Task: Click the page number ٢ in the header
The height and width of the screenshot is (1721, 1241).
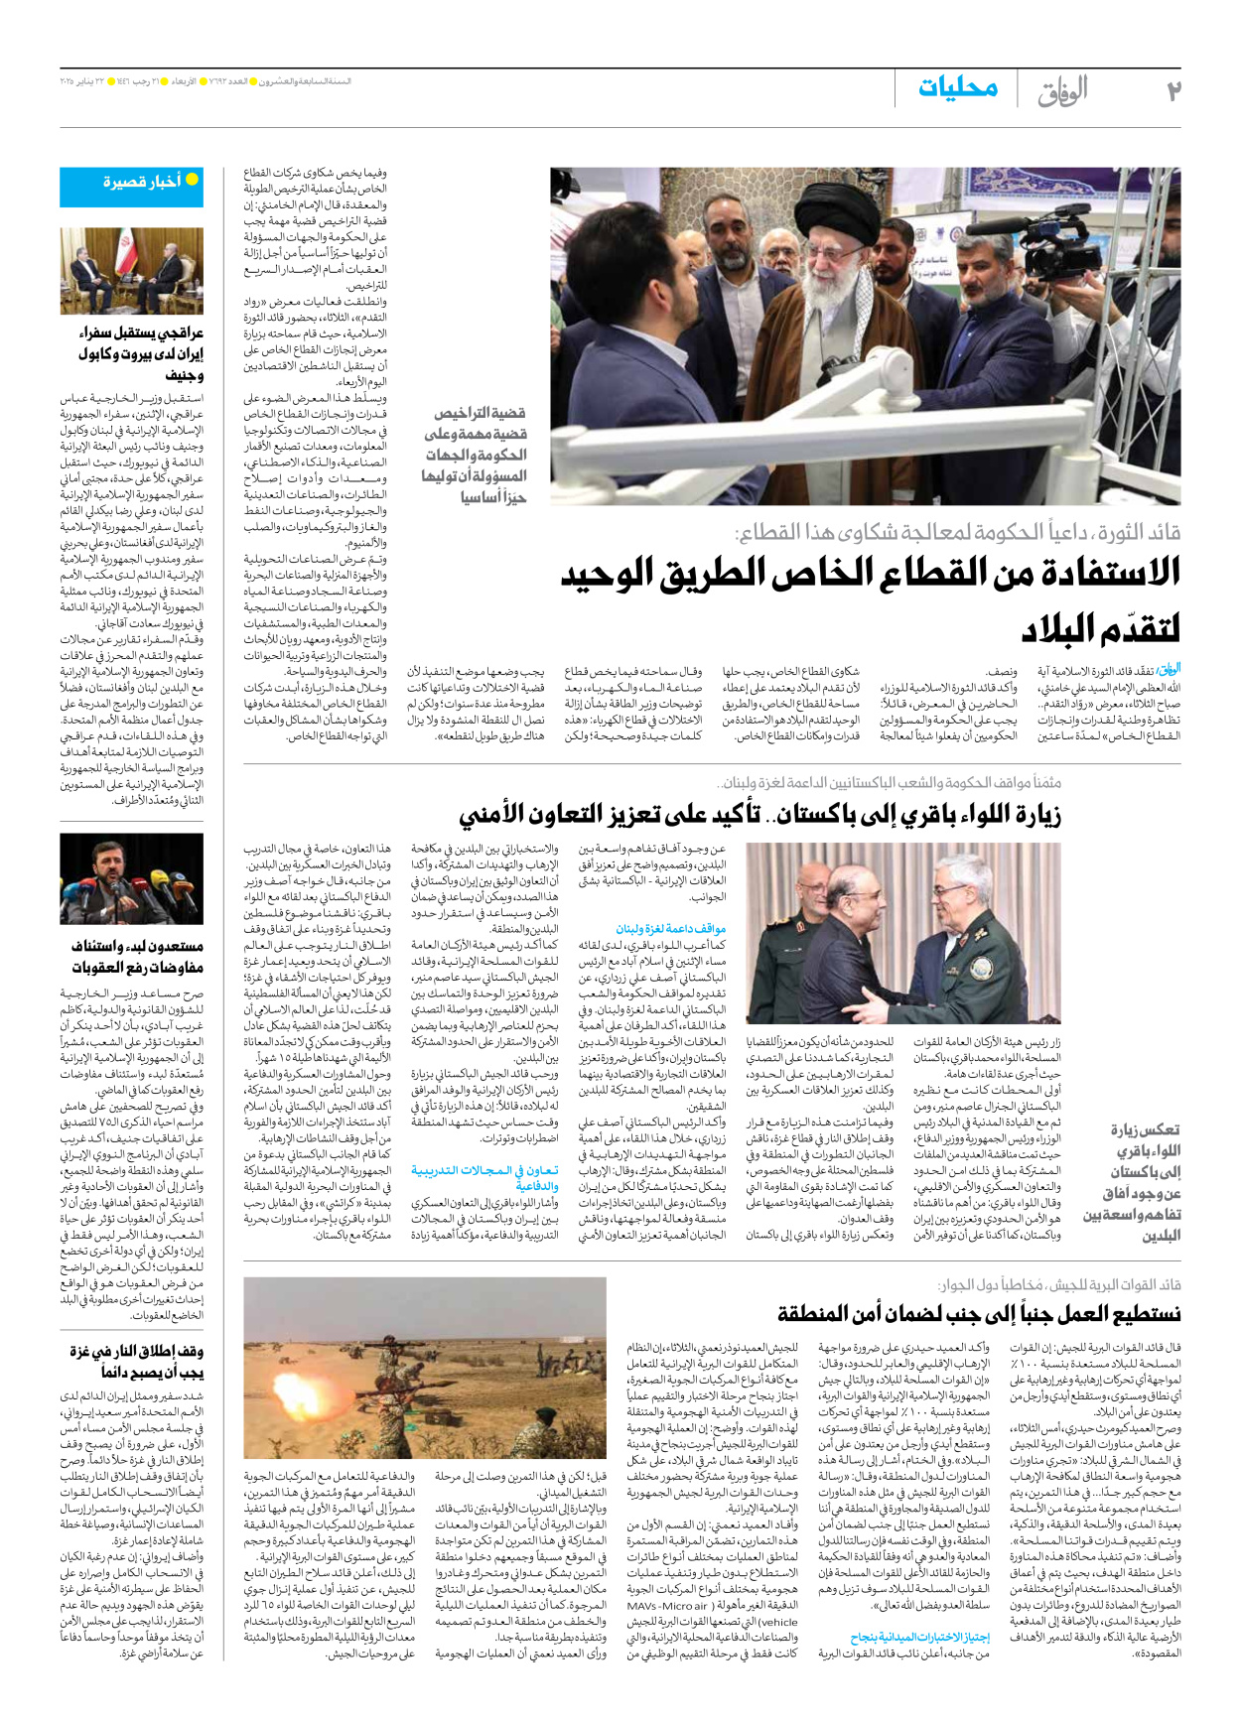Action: click(x=1172, y=91)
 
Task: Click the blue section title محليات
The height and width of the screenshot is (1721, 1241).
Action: click(x=958, y=88)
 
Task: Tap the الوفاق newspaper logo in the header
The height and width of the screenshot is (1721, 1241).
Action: click(x=1062, y=91)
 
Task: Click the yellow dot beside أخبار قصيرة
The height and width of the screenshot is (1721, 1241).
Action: click(x=193, y=180)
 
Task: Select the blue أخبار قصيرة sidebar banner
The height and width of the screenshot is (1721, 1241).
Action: click(x=131, y=186)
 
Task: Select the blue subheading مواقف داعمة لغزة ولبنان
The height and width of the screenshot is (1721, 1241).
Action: click(x=671, y=928)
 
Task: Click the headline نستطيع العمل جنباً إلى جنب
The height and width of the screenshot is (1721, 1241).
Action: click(x=979, y=1314)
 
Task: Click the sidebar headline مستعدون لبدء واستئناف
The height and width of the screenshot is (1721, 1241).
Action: click(x=137, y=956)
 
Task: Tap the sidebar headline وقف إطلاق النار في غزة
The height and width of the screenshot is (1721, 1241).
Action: click(x=137, y=1362)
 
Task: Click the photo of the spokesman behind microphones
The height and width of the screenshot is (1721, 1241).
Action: click(x=131, y=879)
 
